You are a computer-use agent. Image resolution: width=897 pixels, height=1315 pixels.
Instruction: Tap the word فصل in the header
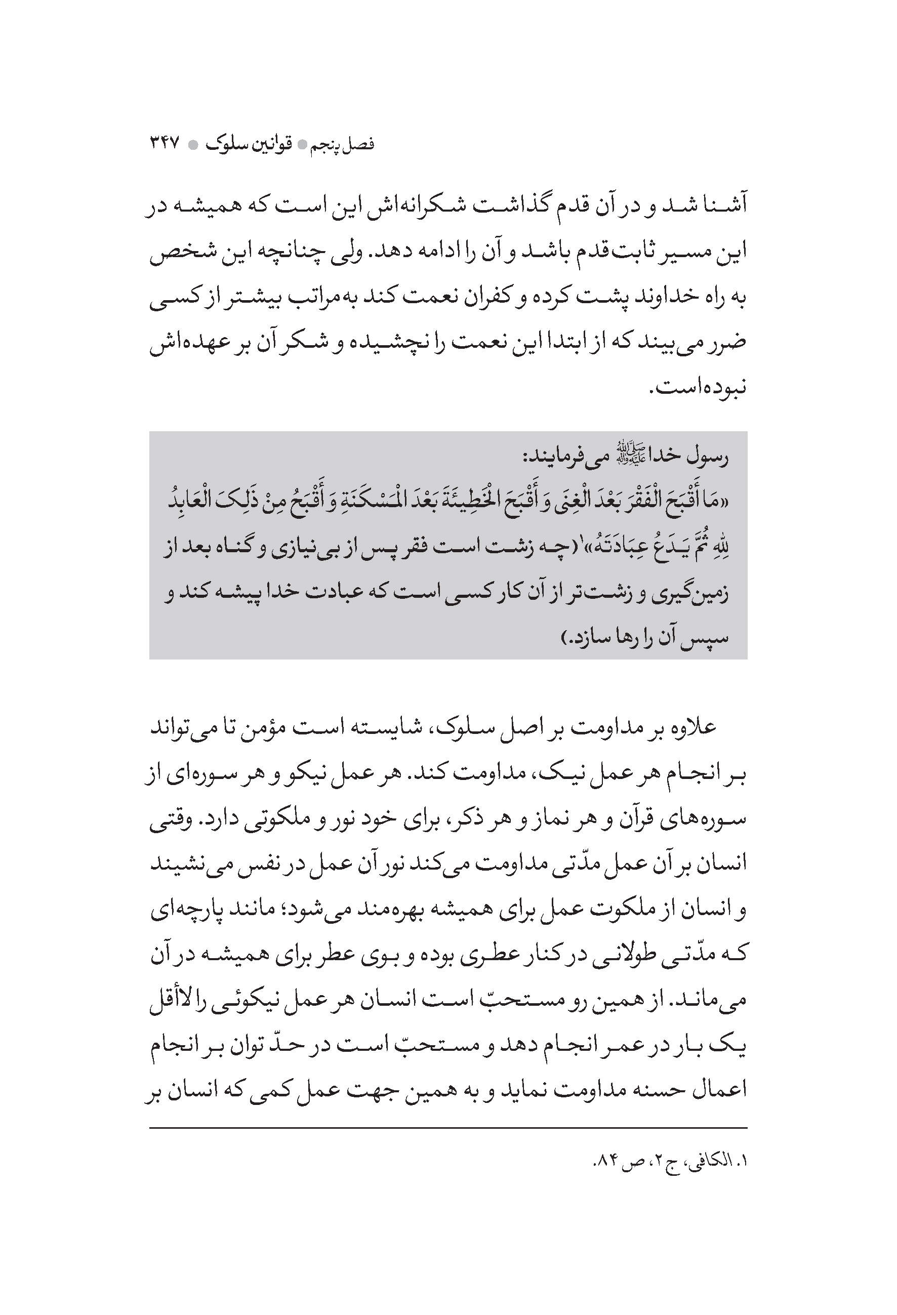click(360, 145)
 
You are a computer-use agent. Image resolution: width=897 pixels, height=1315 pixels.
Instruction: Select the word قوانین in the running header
click(272, 145)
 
